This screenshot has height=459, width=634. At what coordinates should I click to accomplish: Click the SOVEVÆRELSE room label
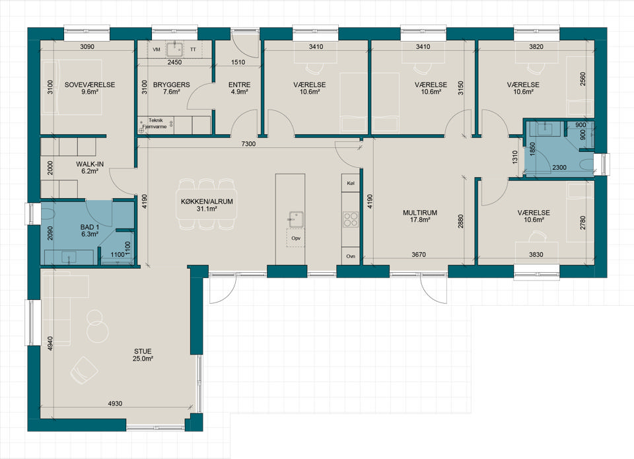click(90, 85)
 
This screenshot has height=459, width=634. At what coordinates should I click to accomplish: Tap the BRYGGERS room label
click(172, 85)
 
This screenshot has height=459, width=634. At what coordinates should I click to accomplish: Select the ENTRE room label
click(239, 85)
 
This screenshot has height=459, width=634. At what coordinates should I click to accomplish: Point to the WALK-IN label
click(90, 164)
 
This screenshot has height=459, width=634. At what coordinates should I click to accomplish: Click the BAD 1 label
click(90, 227)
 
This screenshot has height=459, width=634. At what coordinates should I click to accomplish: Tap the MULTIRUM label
click(420, 213)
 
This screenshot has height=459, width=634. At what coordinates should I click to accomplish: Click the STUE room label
click(143, 351)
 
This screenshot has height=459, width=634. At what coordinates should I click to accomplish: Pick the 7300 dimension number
click(248, 144)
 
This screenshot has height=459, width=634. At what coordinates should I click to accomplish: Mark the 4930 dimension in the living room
click(115, 404)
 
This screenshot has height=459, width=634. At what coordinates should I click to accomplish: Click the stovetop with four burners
click(351, 219)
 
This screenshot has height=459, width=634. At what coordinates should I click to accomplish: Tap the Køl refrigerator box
click(351, 183)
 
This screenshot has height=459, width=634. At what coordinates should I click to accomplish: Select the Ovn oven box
click(351, 256)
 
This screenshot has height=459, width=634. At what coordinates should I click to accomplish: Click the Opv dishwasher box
click(296, 238)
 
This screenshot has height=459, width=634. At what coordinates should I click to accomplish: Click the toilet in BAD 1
click(48, 215)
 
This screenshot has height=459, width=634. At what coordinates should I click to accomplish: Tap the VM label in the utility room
click(157, 50)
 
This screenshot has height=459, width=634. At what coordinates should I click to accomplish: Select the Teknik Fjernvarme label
click(155, 123)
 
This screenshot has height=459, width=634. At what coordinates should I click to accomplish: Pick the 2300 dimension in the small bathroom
click(559, 167)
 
